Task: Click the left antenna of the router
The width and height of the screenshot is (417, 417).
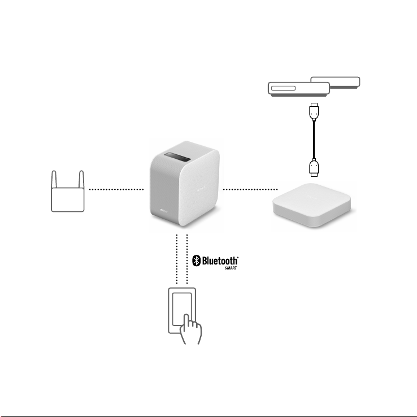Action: coord(54,180)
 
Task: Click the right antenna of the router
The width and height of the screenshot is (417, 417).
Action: coord(81,180)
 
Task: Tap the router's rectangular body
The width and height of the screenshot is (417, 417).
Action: coord(68,199)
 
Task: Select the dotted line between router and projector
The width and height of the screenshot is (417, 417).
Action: coord(116,189)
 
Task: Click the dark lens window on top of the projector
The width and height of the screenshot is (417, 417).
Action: coord(177,157)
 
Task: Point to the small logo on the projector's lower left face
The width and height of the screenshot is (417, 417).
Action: coord(164,211)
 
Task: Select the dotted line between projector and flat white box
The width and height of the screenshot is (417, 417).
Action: coord(250,189)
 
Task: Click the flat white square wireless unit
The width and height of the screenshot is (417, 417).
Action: coord(312,205)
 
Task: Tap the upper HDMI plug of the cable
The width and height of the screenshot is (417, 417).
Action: coord(314,111)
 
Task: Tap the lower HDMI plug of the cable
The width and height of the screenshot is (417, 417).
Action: coord(314,168)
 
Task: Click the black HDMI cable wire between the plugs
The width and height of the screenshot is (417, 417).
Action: coord(314,140)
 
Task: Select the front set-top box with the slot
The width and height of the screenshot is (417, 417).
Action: coord(299,89)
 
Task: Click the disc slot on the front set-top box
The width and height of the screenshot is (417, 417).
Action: coord(283,88)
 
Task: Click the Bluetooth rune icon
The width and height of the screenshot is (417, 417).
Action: coord(196,260)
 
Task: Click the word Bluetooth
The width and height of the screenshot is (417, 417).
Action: coord(220,260)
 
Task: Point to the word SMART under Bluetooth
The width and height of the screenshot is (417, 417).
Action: coord(231,268)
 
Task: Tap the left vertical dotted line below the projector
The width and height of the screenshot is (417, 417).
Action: coord(177,259)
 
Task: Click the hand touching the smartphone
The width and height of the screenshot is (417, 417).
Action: coord(190,329)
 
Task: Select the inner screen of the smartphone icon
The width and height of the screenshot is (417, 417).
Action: coord(182,309)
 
